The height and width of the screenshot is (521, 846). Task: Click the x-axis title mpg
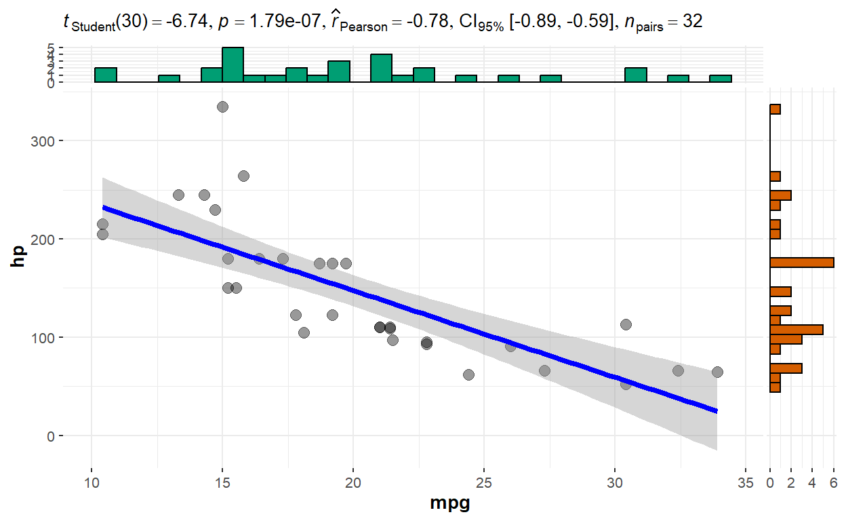[x=449, y=504]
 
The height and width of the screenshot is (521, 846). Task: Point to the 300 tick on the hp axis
[x=51, y=141]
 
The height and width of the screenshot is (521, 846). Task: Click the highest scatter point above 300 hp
[x=222, y=107]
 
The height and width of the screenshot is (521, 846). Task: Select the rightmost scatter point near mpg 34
[x=717, y=372]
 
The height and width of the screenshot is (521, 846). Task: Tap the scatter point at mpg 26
[x=510, y=346]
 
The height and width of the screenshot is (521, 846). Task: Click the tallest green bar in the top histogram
[x=233, y=65]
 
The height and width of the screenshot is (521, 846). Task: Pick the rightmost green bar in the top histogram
[x=721, y=79]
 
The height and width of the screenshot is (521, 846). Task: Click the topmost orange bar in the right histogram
[x=775, y=109]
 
